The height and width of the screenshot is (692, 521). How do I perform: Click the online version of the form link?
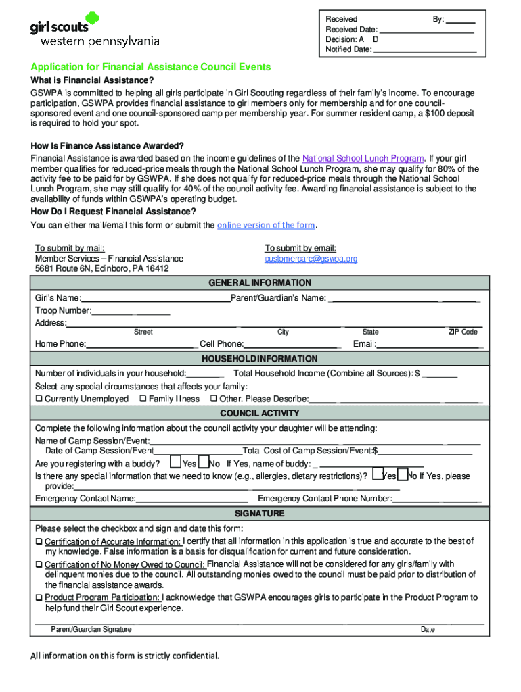point(266,225)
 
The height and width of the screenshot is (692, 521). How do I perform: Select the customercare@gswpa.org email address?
point(311,259)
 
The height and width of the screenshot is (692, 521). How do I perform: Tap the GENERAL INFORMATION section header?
point(260,283)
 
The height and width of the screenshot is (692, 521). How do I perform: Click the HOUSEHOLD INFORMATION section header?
point(260,359)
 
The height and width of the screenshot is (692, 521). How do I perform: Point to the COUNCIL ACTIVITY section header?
point(260,413)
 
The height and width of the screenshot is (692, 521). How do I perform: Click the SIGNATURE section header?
point(260,514)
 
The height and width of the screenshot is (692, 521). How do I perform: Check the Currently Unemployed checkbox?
point(39,399)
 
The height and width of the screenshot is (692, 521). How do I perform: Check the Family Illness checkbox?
point(143,399)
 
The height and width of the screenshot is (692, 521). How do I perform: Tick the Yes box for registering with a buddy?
point(175,463)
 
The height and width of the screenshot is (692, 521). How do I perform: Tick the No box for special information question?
point(403,475)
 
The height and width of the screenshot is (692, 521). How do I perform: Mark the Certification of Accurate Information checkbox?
point(39,542)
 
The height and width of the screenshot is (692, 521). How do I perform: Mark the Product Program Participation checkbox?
point(39,598)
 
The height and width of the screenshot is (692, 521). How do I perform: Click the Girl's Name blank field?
point(156,299)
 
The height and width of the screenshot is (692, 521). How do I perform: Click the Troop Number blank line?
point(130,311)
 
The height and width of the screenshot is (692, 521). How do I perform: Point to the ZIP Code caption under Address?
point(463,332)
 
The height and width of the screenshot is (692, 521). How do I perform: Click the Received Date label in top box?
point(352,30)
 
